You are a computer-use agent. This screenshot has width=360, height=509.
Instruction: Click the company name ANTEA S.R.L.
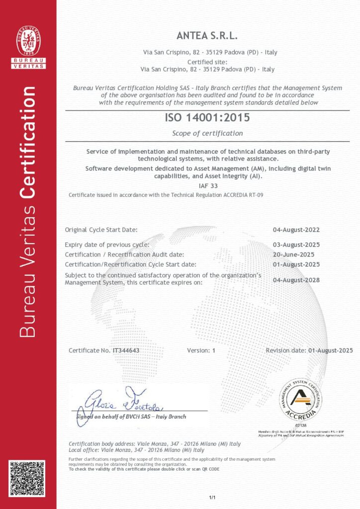[207, 36]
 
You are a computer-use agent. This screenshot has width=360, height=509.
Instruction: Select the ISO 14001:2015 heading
[207, 118]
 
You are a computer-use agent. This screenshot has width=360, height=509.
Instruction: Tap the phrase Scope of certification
[207, 133]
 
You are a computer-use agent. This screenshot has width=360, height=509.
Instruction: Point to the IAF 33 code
[207, 185]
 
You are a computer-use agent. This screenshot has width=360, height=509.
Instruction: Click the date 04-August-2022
[296, 230]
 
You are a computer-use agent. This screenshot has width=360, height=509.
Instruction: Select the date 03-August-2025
[296, 245]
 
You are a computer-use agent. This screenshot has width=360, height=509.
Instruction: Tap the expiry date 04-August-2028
[296, 280]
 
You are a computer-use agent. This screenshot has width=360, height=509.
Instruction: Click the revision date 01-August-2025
[330, 350]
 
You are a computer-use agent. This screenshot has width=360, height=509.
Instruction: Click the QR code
[28, 480]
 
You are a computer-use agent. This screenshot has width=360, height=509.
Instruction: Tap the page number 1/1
[212, 497]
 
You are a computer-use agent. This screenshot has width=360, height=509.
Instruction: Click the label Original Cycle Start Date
[101, 230]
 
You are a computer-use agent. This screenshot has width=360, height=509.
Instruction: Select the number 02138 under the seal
[300, 426]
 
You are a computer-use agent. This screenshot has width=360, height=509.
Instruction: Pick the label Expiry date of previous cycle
[107, 245]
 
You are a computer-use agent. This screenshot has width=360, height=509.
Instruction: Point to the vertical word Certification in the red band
[28, 139]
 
